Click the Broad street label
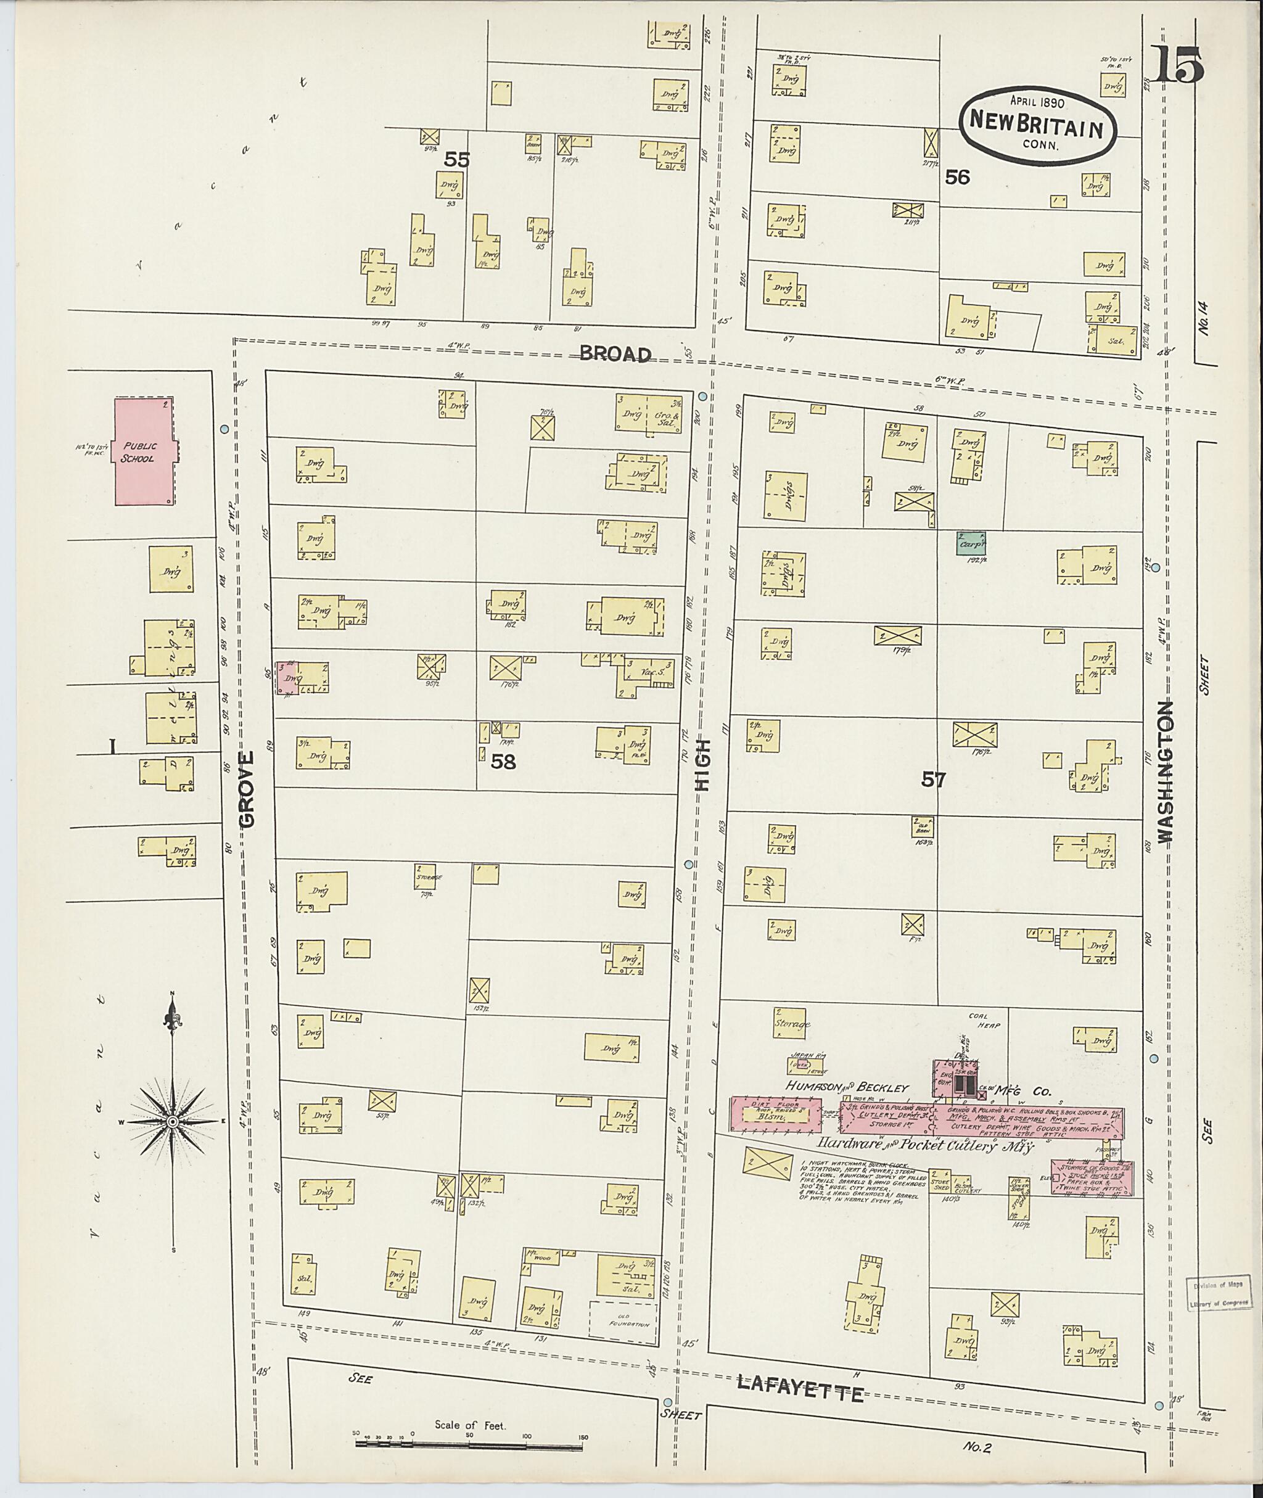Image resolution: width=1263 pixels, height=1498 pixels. click(615, 354)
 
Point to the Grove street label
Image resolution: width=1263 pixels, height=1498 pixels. click(247, 790)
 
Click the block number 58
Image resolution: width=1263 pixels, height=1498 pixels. click(503, 762)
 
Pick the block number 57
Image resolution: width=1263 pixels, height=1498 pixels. click(933, 780)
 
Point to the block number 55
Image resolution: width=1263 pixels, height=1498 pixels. click(456, 160)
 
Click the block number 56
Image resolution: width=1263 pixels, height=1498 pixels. click(957, 177)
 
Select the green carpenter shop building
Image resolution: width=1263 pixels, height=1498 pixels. click(970, 543)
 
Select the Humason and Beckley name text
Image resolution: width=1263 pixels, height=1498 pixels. click(847, 1087)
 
